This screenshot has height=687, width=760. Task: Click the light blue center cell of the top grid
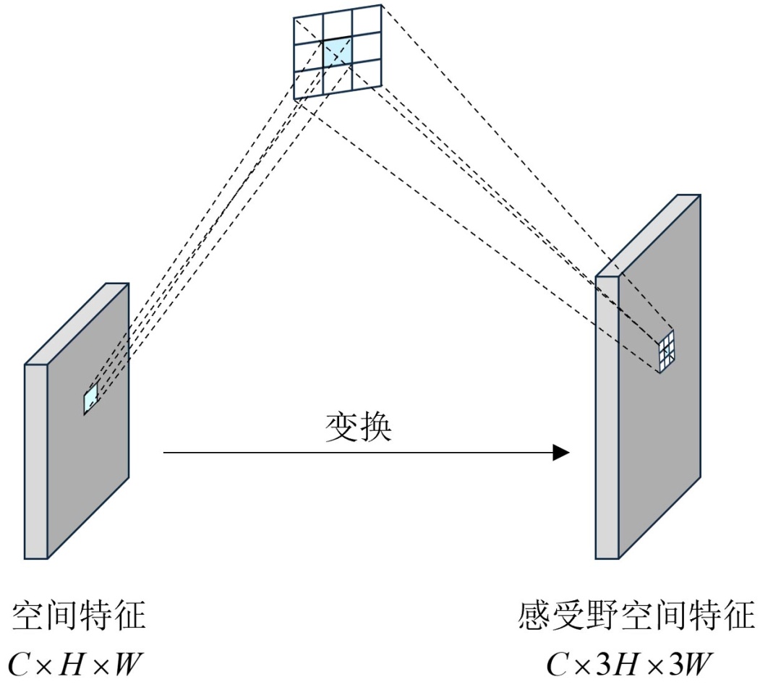337,53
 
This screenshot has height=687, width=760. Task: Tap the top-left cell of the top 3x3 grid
308,30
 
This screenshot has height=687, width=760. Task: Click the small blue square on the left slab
91,398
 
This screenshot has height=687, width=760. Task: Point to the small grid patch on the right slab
667,351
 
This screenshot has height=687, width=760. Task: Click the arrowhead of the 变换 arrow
562,453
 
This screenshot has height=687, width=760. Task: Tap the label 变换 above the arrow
358,428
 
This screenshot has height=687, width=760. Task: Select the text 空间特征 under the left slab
79,617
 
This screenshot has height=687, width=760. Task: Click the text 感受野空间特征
637,617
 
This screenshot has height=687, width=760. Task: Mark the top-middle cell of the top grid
338,26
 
